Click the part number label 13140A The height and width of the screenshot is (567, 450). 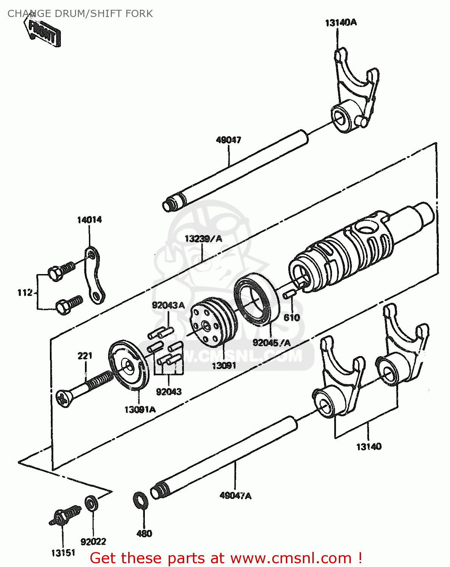pos(340,23)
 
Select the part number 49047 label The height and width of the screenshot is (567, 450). pos(228,140)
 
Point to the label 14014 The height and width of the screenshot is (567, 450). pos(89,220)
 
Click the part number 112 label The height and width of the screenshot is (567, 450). pos(25,293)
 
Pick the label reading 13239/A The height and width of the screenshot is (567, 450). pos(203,239)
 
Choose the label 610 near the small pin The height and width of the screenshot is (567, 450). pos(292,318)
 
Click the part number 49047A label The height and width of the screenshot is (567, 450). pos(235,496)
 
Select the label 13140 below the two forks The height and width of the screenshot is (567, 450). pos(369,446)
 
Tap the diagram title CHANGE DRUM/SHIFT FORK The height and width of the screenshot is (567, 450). pos(80,14)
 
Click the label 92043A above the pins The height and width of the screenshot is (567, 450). pos(168,305)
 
